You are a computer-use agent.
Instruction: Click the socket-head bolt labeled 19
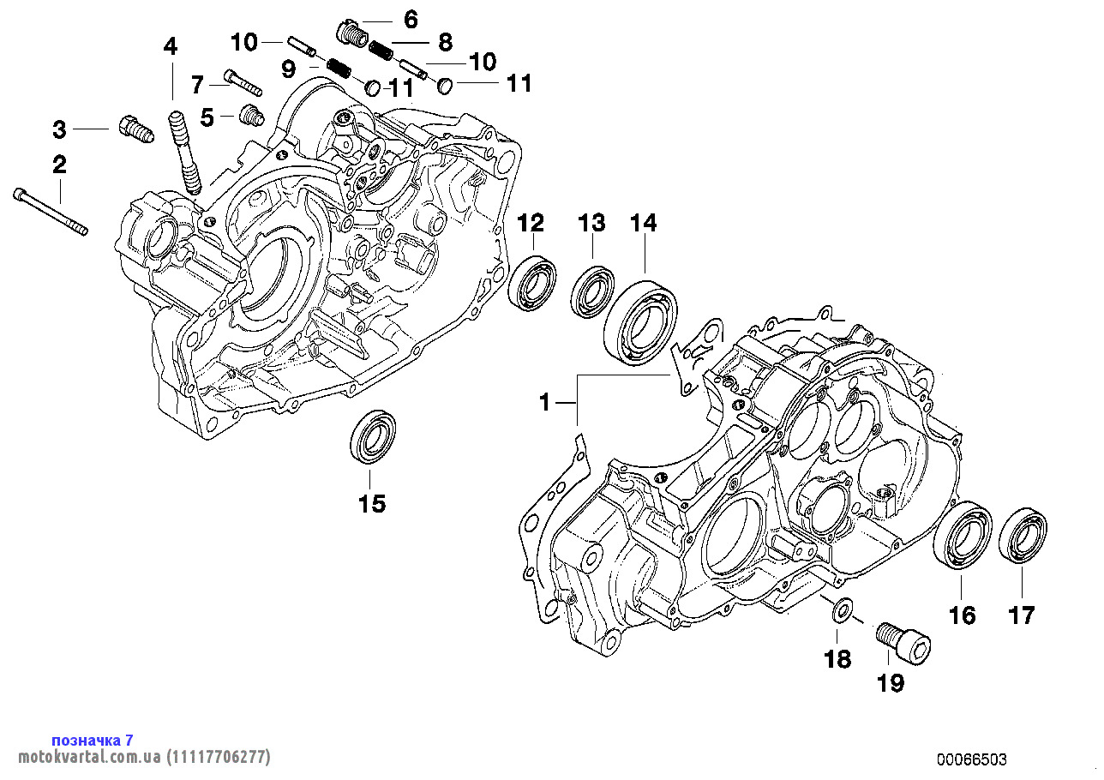(903, 642)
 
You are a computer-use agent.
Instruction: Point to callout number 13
(591, 224)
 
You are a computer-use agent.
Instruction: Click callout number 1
(544, 400)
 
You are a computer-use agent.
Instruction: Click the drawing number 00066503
(971, 759)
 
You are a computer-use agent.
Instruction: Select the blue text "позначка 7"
(93, 740)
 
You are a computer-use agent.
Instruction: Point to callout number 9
(288, 66)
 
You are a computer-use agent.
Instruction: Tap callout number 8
(445, 40)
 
